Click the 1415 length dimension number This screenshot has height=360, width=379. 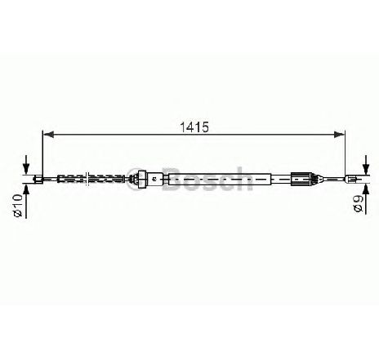[194, 127]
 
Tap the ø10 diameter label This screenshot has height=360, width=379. [18, 205]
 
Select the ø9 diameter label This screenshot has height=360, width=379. [358, 203]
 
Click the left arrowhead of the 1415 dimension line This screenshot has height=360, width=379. [48, 134]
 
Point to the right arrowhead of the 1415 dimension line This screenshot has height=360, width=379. [340, 134]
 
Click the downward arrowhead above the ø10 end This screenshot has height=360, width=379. [26, 169]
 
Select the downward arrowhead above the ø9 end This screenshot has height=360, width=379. [366, 169]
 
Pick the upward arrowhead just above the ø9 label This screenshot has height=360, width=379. [366, 189]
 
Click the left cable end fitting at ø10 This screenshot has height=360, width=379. [38, 180]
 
